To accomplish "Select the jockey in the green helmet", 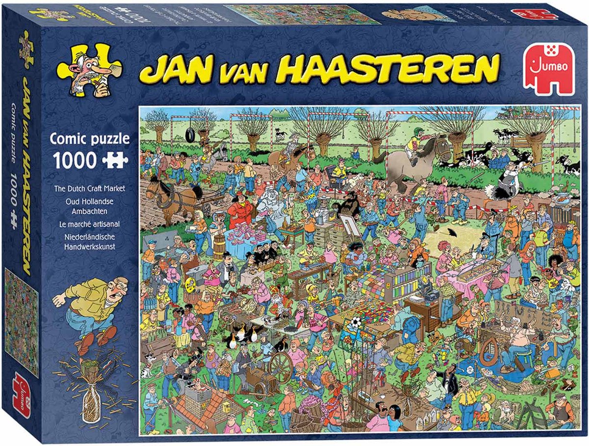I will [x=414, y=142].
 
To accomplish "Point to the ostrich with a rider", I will [x=506, y=182].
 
